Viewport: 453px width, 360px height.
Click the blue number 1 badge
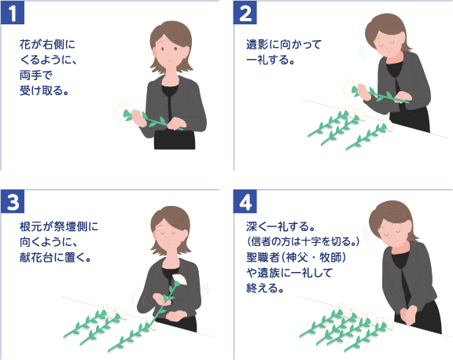click(x=15, y=14)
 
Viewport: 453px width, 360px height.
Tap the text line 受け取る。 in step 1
click(x=44, y=90)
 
